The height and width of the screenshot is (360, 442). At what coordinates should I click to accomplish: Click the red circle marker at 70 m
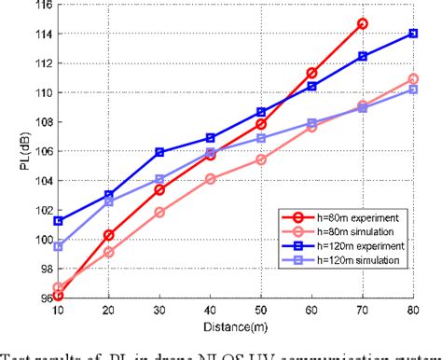pos(362,23)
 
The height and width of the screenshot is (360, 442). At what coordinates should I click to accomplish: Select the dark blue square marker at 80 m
pos(413,34)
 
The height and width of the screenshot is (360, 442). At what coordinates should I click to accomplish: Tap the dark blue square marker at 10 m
pos(58,221)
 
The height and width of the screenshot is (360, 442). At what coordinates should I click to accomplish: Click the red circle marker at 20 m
pos(109,235)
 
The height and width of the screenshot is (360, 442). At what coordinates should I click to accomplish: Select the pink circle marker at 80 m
pos(413,79)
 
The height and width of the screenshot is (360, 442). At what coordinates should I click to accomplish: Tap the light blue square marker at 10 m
pos(58,246)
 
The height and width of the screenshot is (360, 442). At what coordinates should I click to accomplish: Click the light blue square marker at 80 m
pos(413,90)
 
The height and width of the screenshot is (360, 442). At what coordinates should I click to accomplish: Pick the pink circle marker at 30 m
pos(159,213)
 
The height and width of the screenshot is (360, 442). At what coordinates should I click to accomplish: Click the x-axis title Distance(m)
pos(235,327)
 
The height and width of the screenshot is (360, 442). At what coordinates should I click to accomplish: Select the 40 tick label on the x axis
pos(210,311)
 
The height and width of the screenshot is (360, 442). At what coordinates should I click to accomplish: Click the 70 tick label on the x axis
pos(362,311)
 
